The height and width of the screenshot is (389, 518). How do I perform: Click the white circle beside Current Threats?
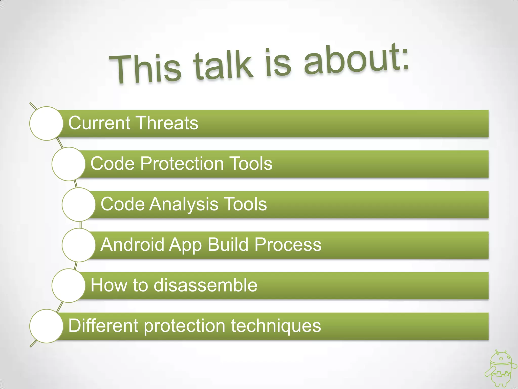[46, 123]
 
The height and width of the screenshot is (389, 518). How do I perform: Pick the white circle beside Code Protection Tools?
[69, 164]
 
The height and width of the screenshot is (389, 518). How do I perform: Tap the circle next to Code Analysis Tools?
[79, 204]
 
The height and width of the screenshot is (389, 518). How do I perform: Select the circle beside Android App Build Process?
[79, 245]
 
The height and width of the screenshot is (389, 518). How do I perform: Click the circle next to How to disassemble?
[69, 285]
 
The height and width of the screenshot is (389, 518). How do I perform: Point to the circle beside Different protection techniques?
[46, 326]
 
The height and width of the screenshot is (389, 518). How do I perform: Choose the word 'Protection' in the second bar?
[182, 163]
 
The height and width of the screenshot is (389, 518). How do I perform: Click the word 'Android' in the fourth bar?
[133, 244]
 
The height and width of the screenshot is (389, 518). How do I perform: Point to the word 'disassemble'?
[205, 285]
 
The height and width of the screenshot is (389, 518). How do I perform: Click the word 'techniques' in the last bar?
[276, 326]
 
